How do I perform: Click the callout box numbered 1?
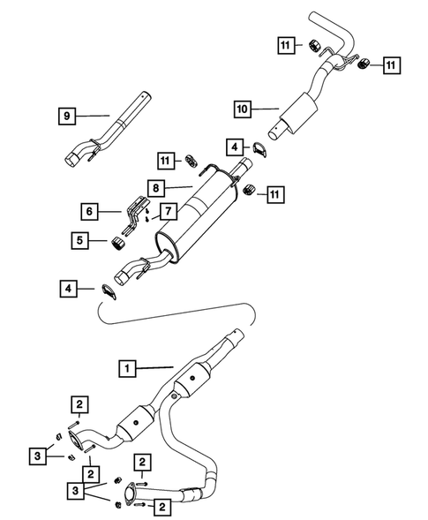click(x=127, y=366)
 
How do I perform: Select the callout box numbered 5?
click(x=81, y=239)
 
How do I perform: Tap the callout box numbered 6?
click(x=88, y=211)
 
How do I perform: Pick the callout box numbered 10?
click(x=243, y=109)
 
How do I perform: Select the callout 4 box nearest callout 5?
click(x=66, y=287)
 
